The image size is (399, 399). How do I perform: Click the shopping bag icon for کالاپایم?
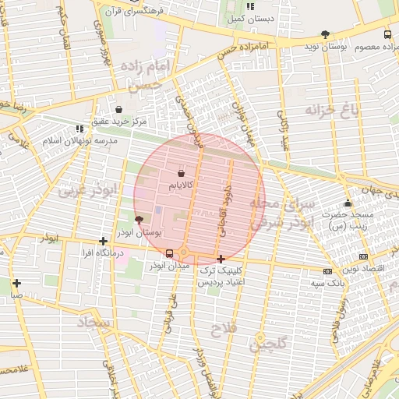tap(182, 173)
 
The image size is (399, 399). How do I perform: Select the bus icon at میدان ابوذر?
tap(170, 252)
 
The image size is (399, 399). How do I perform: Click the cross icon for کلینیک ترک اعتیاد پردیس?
tap(221, 259)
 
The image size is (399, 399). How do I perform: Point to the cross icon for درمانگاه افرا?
tap(103, 242)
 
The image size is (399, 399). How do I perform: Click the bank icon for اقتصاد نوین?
tap(363, 256)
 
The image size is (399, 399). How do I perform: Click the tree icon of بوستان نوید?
tap(325, 34)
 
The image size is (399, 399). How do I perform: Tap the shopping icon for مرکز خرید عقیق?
tap(118, 109)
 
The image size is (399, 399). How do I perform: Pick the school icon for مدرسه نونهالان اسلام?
tap(79, 129)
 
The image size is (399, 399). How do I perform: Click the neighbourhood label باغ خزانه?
tap(334, 110)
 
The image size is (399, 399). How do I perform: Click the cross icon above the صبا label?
tap(16, 283)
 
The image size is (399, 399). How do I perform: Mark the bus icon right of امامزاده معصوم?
tap(387, 34)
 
